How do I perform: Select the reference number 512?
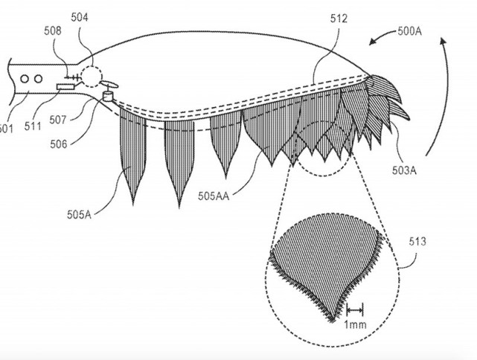338,19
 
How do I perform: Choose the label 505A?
75,216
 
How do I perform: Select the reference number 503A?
403,170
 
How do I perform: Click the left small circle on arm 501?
24,78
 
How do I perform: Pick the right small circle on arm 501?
36,78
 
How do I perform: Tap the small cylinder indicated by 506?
109,94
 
